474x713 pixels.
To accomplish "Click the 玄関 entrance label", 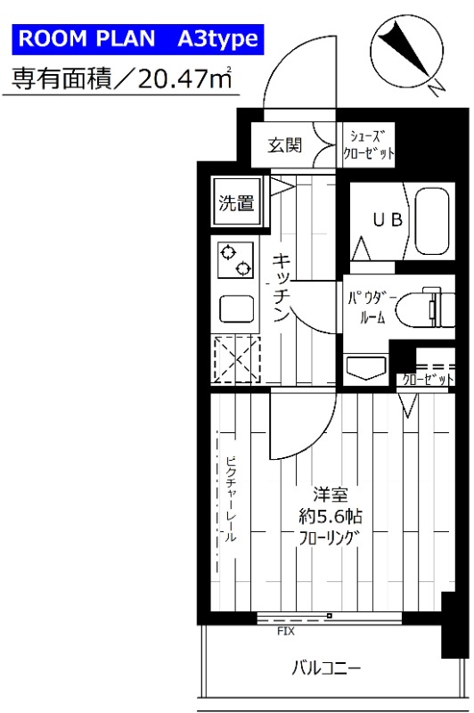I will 286,144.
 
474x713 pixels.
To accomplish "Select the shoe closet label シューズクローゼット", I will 367,144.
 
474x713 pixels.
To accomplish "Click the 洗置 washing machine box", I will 236,202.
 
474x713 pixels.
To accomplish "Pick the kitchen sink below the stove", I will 236,308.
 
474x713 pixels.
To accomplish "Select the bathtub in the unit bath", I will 431,219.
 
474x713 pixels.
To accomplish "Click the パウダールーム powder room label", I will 367,307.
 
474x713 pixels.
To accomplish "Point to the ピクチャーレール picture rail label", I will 231,499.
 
